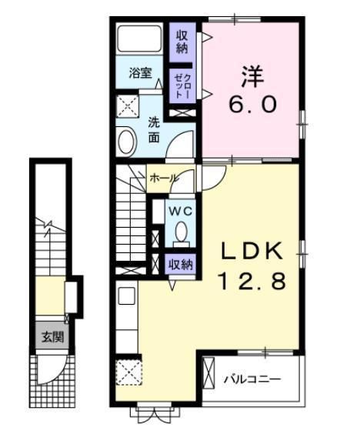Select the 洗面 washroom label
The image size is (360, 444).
tap(154, 129)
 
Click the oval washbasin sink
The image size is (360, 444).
tap(126, 140)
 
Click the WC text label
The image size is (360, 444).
tap(180, 210)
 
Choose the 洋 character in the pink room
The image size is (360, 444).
tap(252, 76)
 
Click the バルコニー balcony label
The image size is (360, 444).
tap(252, 380)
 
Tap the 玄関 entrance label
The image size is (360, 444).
tap(52, 336)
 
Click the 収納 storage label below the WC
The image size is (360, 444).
tap(181, 264)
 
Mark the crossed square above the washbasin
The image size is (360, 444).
tap(125, 105)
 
